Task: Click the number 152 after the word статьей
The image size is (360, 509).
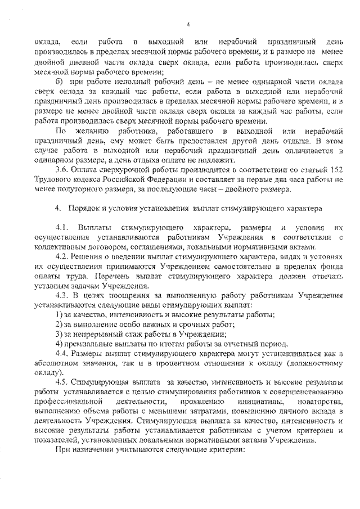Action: (x=336, y=169)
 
